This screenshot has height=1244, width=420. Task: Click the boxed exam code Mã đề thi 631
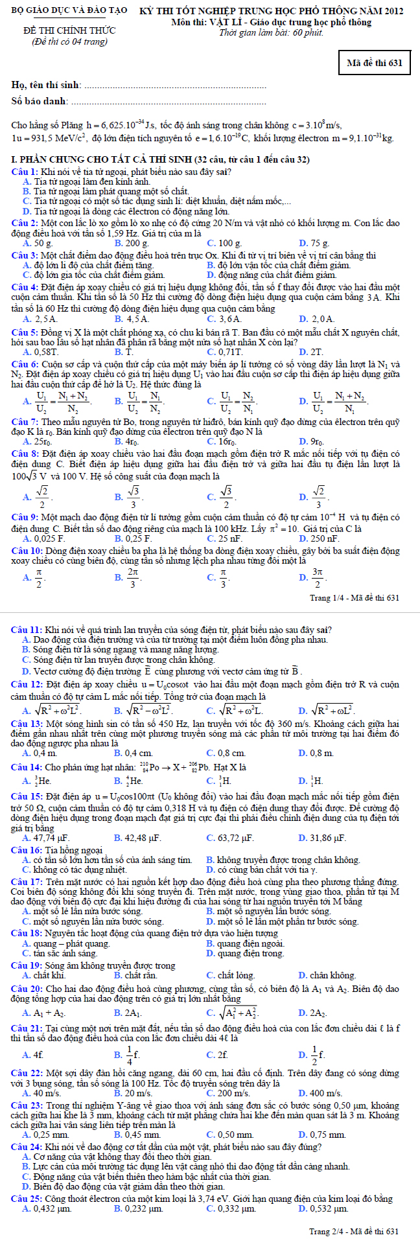coord(375,63)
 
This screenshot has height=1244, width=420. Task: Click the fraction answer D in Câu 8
coord(321,498)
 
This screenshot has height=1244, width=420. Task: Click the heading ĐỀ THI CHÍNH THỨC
coord(69,30)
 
